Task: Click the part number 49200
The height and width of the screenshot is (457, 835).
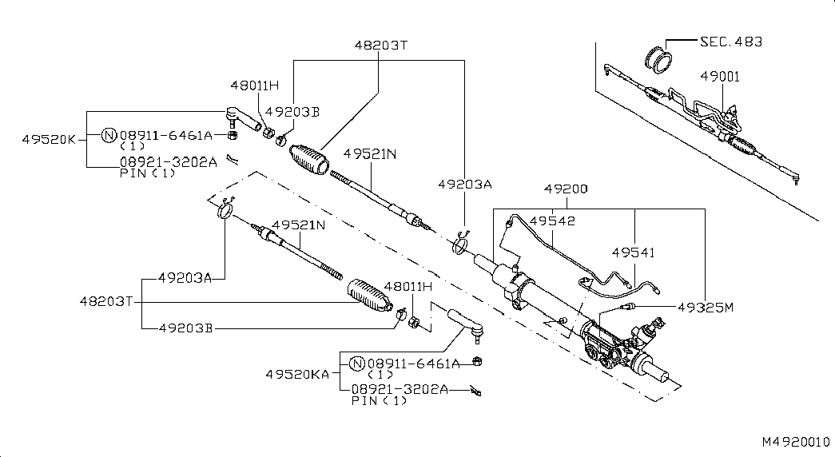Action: click(x=565, y=190)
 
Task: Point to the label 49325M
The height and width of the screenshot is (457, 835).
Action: click(x=705, y=307)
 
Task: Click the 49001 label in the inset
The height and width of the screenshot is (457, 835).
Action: click(x=720, y=77)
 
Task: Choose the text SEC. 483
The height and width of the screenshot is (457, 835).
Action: click(x=730, y=42)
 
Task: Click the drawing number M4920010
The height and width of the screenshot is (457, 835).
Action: click(x=795, y=441)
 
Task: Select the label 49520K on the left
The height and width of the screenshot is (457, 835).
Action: click(x=49, y=138)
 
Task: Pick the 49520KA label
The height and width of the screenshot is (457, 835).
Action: click(x=298, y=373)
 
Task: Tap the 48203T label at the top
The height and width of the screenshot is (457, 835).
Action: click(x=380, y=46)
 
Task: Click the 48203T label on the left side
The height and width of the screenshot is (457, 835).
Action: click(x=105, y=302)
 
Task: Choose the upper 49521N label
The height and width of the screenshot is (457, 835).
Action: click(x=370, y=153)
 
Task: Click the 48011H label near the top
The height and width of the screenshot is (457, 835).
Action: click(x=254, y=85)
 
